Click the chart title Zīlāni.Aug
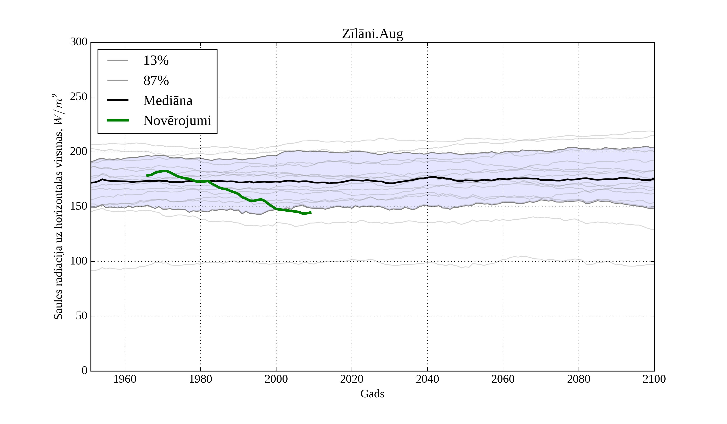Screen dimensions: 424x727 point(372,34)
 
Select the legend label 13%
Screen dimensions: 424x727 point(156,61)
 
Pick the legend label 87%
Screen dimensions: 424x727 point(156,81)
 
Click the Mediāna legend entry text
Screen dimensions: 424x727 point(168,101)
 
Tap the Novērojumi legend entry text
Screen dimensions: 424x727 point(177,121)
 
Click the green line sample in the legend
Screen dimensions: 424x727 point(118,120)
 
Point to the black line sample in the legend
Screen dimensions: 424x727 point(118,100)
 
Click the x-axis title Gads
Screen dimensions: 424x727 point(372,394)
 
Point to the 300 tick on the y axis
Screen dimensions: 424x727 point(79,42)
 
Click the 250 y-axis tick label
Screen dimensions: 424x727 point(79,97)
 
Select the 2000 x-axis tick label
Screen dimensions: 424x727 point(276,379)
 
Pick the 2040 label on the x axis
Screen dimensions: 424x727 point(427,379)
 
